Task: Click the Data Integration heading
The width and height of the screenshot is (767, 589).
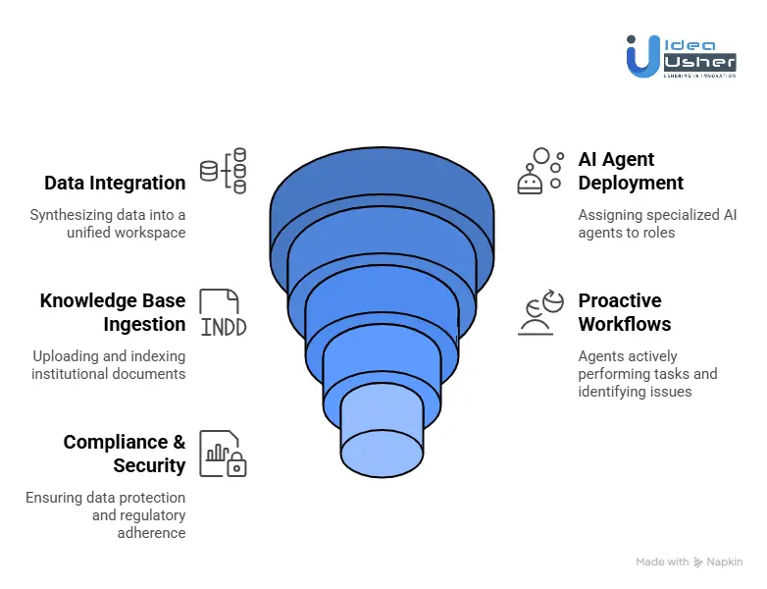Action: pyautogui.click(x=115, y=183)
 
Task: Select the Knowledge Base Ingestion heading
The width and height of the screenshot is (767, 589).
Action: pyautogui.click(x=113, y=312)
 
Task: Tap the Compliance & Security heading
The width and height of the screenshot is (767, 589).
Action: pyautogui.click(x=125, y=454)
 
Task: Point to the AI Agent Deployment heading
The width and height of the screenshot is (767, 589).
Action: pyautogui.click(x=631, y=171)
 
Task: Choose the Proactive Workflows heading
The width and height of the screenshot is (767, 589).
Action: pyautogui.click(x=625, y=312)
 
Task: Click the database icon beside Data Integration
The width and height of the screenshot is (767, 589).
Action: pyautogui.click(x=224, y=171)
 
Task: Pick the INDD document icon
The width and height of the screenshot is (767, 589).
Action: pyautogui.click(x=223, y=313)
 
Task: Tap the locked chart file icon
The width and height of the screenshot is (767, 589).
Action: pyautogui.click(x=222, y=454)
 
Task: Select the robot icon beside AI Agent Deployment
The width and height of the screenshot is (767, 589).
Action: pyautogui.click(x=539, y=171)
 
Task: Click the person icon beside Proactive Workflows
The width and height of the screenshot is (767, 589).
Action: pyautogui.click(x=538, y=313)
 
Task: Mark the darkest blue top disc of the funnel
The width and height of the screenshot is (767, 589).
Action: pyautogui.click(x=382, y=191)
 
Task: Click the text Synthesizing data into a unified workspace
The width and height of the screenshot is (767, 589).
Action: pyautogui.click(x=107, y=223)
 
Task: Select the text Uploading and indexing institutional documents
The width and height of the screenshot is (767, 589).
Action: pyautogui.click(x=108, y=364)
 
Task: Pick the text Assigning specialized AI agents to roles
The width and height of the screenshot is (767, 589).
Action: pyautogui.click(x=657, y=223)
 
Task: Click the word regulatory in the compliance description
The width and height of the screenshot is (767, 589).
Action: pyautogui.click(x=124, y=515)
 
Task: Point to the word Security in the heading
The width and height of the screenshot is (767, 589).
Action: pyautogui.click(x=149, y=465)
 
